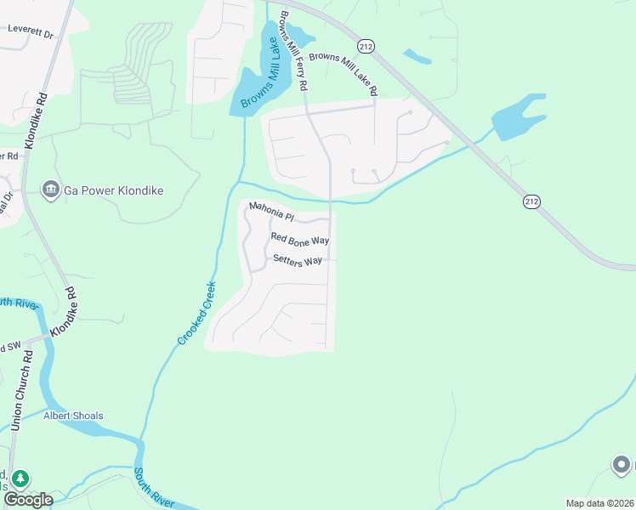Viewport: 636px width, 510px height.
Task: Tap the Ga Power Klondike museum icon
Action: coord(50,189)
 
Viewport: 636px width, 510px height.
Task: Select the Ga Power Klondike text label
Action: coord(113,190)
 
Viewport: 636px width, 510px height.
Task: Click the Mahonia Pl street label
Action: coord(270,211)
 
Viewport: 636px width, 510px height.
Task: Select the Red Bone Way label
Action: coord(299,240)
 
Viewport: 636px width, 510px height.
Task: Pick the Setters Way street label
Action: coord(298,261)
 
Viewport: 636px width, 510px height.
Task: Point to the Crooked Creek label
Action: coord(197,313)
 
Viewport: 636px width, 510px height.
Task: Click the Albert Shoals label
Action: coord(73,416)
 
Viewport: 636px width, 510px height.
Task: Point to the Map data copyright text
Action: coord(599,503)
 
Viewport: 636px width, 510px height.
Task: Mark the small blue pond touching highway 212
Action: coord(417,56)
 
